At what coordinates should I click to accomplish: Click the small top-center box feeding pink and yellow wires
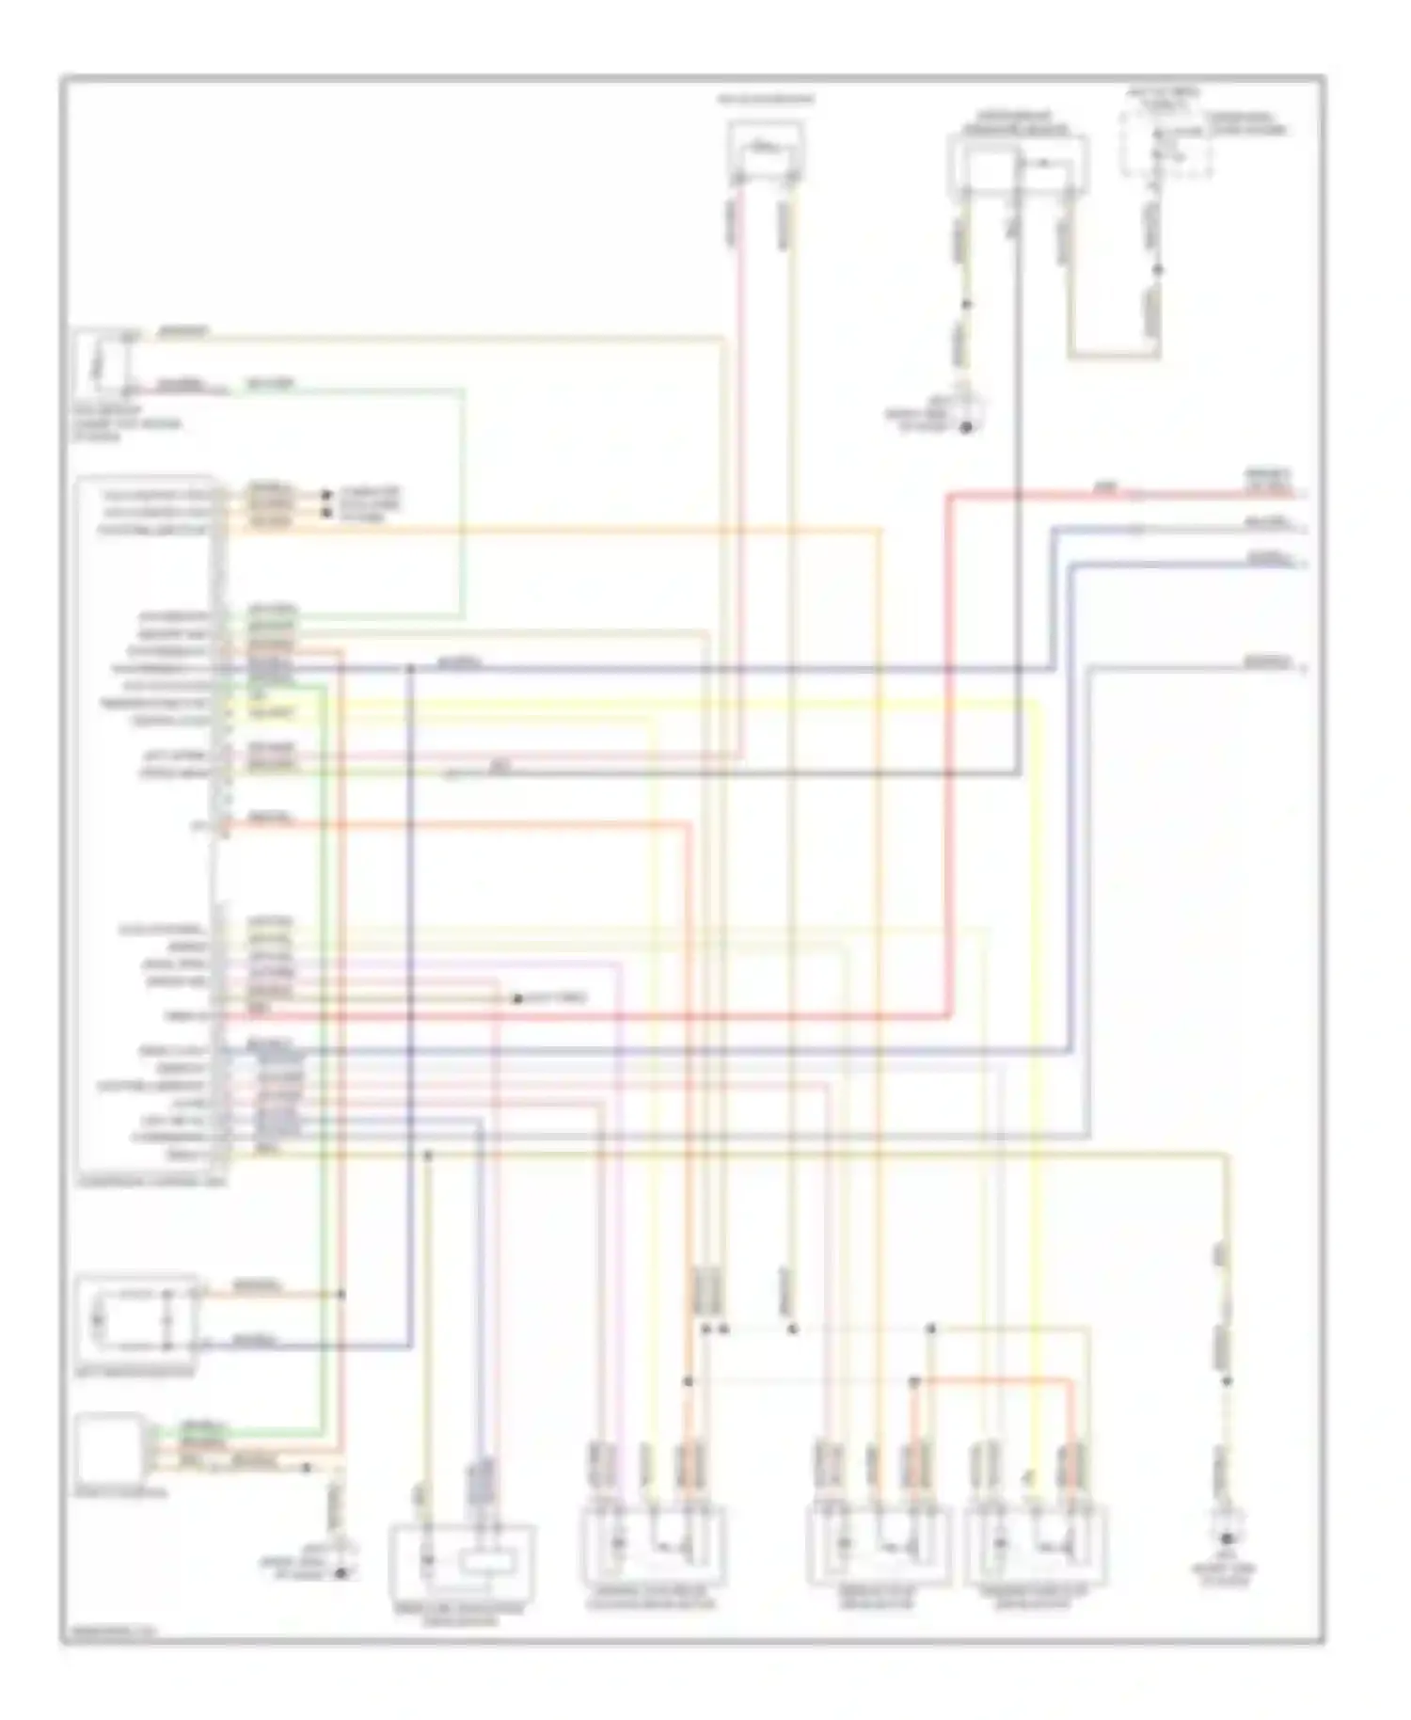pyautogui.click(x=765, y=150)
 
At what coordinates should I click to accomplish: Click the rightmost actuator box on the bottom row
pyautogui.click(x=1037, y=1545)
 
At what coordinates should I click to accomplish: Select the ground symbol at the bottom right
pyautogui.click(x=1226, y=1541)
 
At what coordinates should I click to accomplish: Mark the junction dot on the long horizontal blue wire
pyautogui.click(x=411, y=669)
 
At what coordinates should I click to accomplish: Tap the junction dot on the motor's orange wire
pyautogui.click(x=341, y=1295)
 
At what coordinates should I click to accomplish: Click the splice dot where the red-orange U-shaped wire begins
pyautogui.click(x=914, y=1382)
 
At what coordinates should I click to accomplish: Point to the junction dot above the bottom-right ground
pyautogui.click(x=1226, y=1381)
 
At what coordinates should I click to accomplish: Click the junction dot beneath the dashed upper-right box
pyautogui.click(x=1159, y=270)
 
